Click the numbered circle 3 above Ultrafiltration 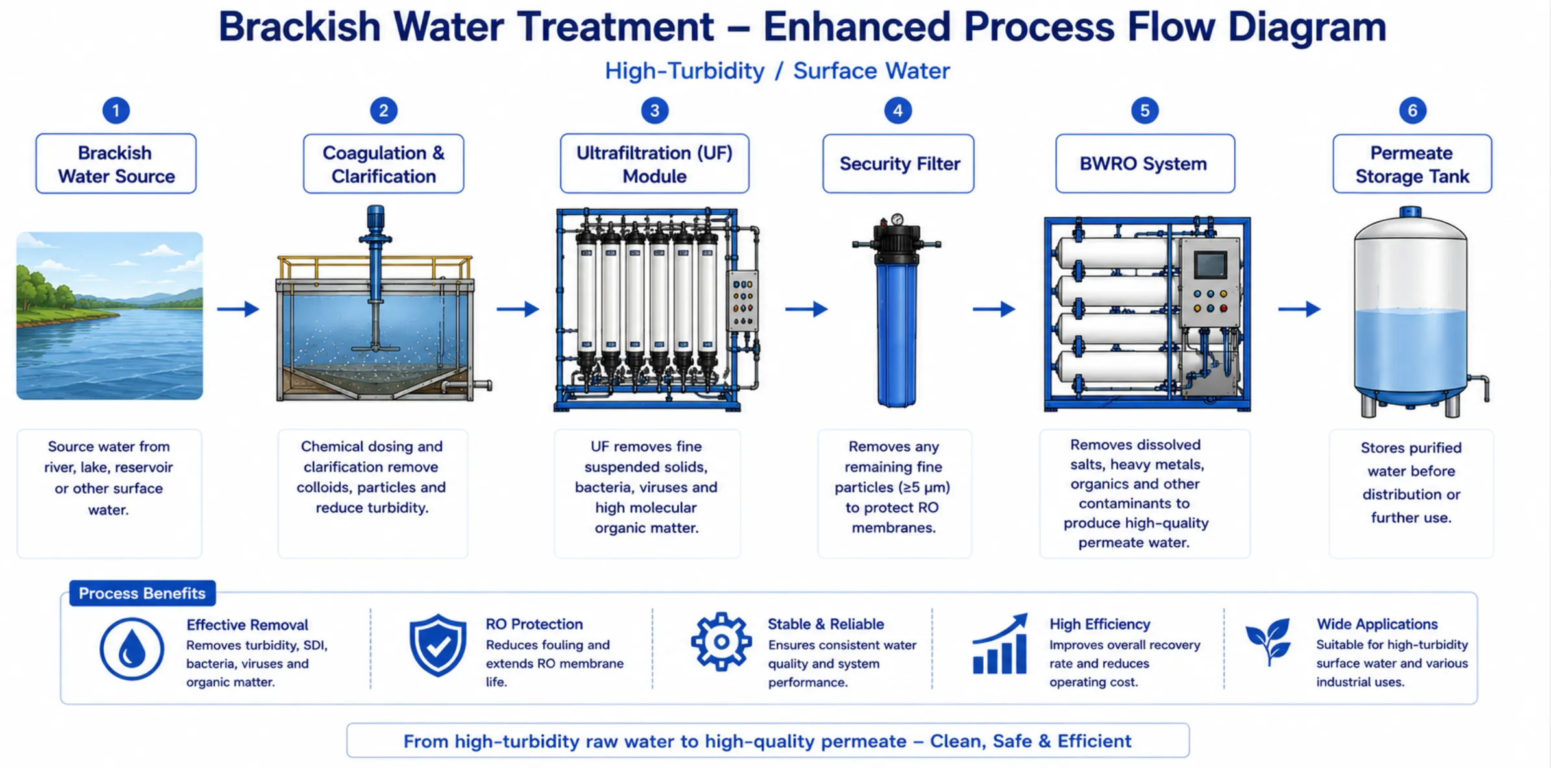tap(654, 110)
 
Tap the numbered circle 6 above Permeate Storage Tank tap(1412, 110)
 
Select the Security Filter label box tap(898, 163)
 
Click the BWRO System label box tap(1145, 163)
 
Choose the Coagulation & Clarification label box tap(384, 163)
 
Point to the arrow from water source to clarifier tap(238, 309)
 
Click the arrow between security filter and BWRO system tap(994, 309)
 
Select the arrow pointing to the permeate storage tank tap(1299, 309)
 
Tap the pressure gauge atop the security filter tap(897, 219)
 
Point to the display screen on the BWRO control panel tap(1210, 265)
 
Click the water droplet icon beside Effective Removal tap(132, 649)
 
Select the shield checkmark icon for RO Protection tap(438, 645)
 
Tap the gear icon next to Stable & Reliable tap(721, 642)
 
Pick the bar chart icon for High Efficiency tap(1000, 644)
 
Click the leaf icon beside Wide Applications tap(1268, 641)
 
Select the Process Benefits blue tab tap(142, 593)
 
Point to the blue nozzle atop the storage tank tap(1410, 212)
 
